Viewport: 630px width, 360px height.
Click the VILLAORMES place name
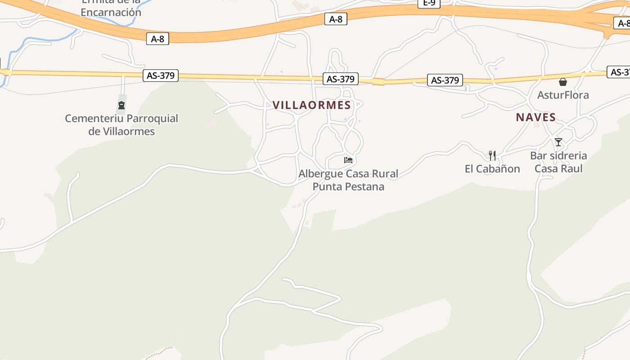[x=311, y=105]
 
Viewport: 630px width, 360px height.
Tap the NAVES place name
[x=535, y=117]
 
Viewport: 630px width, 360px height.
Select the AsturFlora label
[x=562, y=95]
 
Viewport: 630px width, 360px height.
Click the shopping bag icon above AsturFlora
[x=562, y=82]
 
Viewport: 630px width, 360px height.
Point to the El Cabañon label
[x=492, y=169]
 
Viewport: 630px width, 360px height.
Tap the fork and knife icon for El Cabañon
[x=492, y=156]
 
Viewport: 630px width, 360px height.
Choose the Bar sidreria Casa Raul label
[x=558, y=162]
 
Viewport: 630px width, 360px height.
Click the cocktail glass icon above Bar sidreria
[x=558, y=142]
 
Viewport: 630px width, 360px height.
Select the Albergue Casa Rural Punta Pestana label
[x=348, y=180]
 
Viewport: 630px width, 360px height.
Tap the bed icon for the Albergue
[x=348, y=160]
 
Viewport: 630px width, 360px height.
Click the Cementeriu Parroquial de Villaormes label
[x=121, y=125]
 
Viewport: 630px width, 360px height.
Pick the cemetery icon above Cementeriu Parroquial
[x=121, y=106]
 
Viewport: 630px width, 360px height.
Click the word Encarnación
[x=111, y=12]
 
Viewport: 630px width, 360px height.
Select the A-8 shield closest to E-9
[x=336, y=19]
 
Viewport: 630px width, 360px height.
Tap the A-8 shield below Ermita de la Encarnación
[x=157, y=39]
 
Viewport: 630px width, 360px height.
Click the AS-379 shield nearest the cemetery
[x=161, y=75]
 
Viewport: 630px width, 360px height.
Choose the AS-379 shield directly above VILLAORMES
[x=341, y=79]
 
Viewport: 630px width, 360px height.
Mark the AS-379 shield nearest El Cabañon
[x=445, y=80]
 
